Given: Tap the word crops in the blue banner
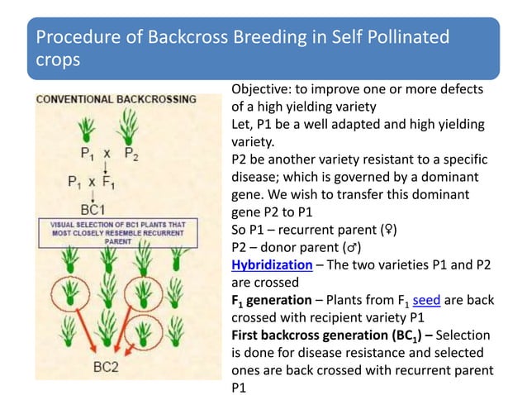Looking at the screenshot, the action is (58, 60).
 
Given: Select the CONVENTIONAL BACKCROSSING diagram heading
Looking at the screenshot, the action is (116, 99).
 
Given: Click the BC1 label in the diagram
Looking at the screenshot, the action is (93, 210).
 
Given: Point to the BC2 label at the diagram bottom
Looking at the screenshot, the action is (106, 367).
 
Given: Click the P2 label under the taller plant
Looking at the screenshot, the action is (131, 154).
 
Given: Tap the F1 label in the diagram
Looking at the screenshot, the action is (108, 182).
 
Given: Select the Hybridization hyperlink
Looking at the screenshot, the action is (272, 265).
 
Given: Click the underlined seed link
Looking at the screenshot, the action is (426, 300).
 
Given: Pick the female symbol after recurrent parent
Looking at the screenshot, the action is (388, 230).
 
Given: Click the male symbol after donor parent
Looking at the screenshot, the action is (352, 247).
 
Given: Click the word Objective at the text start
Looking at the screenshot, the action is (262, 89).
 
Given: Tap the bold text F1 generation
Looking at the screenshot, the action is (272, 300).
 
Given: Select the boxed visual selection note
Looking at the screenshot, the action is (118, 233).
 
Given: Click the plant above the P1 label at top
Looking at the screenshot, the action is (87, 130).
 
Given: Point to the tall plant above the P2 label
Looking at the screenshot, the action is (128, 126).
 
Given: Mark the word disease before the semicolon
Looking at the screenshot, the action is (255, 177).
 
